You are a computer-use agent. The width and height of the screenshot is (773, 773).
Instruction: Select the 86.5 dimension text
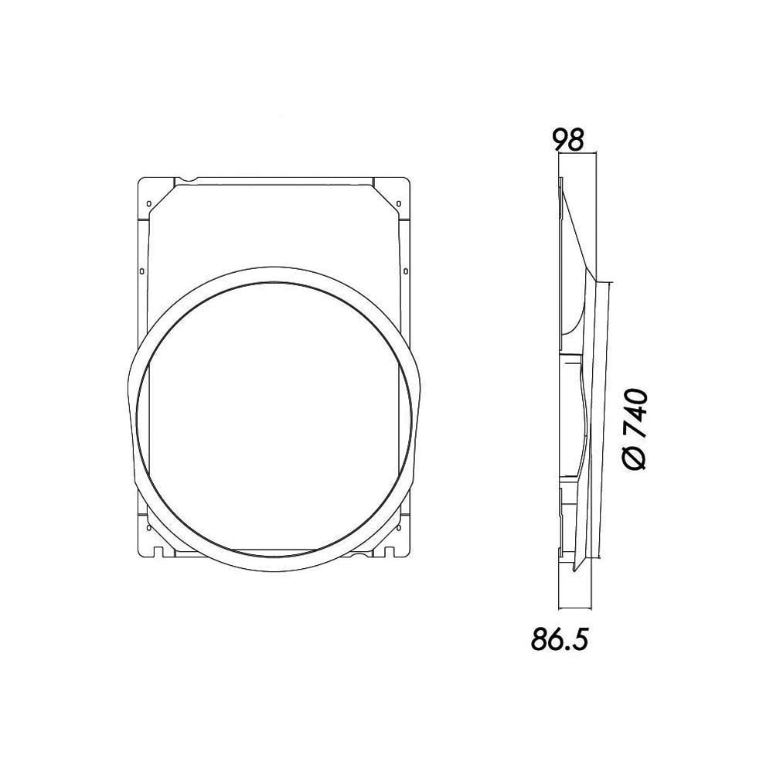(560, 638)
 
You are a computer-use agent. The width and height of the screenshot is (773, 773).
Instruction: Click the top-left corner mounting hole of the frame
(148, 203)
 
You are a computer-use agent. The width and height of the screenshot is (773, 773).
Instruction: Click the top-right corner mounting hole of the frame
(397, 203)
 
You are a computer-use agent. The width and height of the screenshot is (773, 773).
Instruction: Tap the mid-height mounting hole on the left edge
(141, 271)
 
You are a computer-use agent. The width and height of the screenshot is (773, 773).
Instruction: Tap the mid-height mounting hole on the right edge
(404, 271)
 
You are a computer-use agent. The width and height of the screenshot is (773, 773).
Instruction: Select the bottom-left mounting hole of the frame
(148, 528)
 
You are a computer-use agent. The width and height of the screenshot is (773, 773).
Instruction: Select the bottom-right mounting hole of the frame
(397, 528)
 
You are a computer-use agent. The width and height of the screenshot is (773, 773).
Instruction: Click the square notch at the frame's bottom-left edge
(158, 551)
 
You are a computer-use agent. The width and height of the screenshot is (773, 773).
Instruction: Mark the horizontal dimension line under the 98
(577, 154)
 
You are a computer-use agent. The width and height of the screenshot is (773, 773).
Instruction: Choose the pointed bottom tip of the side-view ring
(574, 571)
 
